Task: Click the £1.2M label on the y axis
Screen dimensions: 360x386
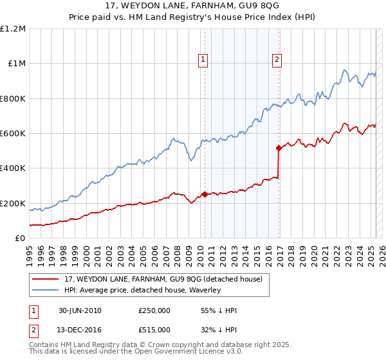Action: [x=13, y=28]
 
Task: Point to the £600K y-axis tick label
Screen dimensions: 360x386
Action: [x=13, y=133]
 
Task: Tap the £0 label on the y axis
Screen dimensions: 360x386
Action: [x=20, y=238]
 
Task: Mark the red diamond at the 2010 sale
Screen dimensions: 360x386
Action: [x=205, y=194]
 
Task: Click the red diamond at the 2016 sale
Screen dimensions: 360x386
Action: [x=279, y=148]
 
